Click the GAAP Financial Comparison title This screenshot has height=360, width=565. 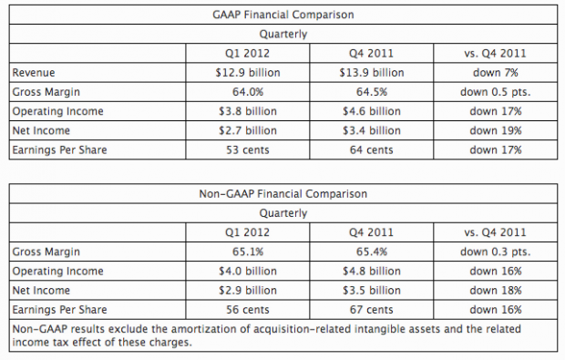pos(283,15)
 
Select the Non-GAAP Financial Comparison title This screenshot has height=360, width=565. pos(283,194)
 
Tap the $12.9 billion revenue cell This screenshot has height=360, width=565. pos(248,73)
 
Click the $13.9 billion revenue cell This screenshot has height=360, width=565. pos(372,73)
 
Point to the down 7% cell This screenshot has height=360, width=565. pos(496,73)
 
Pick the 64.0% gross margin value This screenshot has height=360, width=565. pos(248,92)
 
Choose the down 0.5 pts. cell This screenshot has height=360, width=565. pos(496,92)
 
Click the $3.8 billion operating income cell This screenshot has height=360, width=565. pos(248,111)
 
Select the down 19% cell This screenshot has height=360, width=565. pos(496,130)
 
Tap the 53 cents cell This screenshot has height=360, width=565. pos(248,149)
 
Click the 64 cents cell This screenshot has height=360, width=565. pos(372,149)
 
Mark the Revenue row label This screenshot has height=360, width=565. pos(34,73)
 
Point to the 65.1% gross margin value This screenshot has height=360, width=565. pos(248,252)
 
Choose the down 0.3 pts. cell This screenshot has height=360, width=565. pos(496,252)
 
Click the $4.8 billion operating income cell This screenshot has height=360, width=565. pos(372,271)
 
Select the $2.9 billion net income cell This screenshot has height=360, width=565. pos(248,291)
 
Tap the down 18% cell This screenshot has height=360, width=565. pos(496,291)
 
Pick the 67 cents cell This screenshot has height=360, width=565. pos(372,310)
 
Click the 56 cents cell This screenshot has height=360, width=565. pos(248,310)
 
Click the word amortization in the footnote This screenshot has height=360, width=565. pos(207,329)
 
